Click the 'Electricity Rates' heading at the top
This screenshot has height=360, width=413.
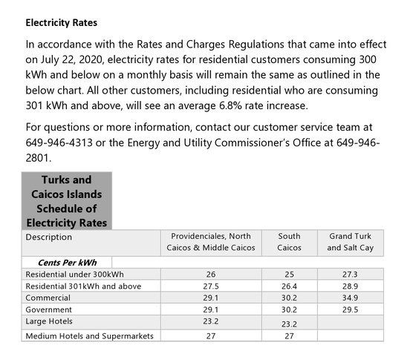(62, 23)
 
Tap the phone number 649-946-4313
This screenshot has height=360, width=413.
(59, 143)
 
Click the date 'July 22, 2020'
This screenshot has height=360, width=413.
(71, 59)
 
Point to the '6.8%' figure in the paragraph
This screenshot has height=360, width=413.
(230, 105)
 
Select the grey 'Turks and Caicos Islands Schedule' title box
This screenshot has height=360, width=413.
(67, 201)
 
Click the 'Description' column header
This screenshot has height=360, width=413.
(49, 237)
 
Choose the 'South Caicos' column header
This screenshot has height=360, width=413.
(289, 242)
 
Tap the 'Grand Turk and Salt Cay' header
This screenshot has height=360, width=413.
(351, 242)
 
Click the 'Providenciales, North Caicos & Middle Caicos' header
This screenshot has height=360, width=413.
(211, 242)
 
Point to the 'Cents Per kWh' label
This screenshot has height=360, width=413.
(67, 263)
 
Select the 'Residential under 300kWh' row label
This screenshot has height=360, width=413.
(74, 275)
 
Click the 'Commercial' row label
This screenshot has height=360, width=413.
(48, 298)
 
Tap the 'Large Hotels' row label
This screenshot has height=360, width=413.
(49, 321)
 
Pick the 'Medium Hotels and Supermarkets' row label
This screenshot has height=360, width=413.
(90, 336)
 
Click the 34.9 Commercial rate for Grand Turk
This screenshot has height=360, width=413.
(350, 298)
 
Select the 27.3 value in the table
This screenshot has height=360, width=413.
(350, 275)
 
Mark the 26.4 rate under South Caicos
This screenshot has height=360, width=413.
(289, 287)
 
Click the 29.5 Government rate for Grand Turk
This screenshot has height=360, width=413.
(350, 310)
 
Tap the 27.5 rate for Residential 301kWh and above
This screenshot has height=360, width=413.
(211, 287)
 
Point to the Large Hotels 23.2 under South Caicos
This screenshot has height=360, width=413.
(289, 324)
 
